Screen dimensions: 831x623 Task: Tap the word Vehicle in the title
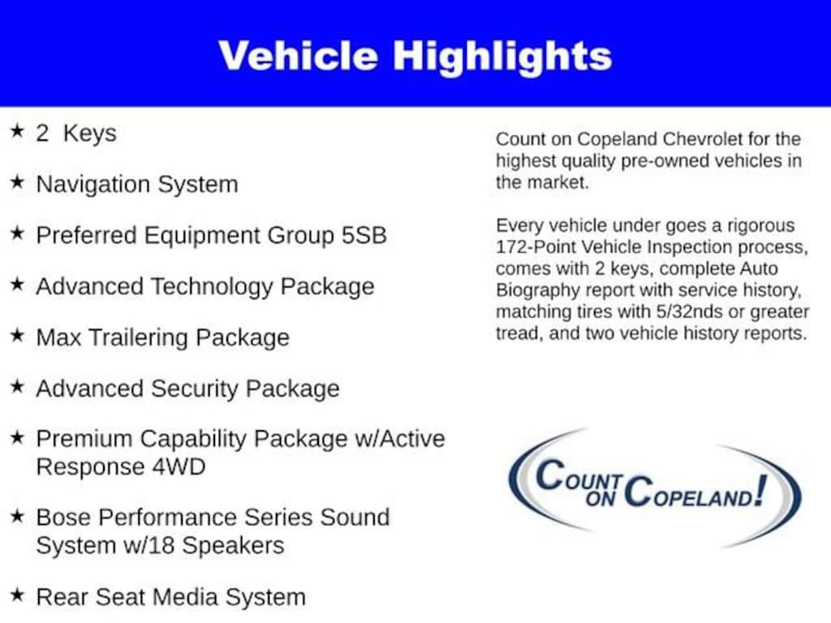(x=298, y=56)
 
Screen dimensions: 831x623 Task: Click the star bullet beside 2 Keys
(x=17, y=131)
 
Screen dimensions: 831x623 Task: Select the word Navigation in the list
(x=93, y=184)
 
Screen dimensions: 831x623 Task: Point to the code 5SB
(x=364, y=235)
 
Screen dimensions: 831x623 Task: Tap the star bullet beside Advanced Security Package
(x=17, y=386)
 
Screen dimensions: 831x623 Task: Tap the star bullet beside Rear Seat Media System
(x=17, y=595)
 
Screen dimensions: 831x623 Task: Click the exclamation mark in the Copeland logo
(x=761, y=491)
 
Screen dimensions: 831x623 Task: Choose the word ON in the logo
(x=601, y=499)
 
